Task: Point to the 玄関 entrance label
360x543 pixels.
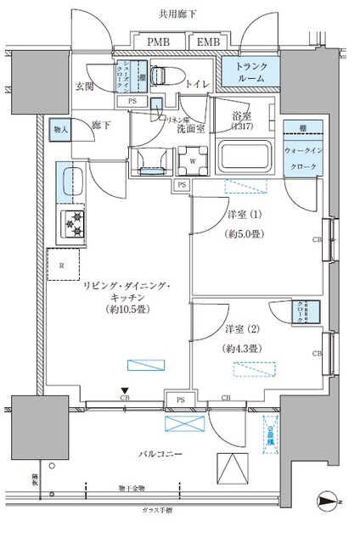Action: (85, 86)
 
